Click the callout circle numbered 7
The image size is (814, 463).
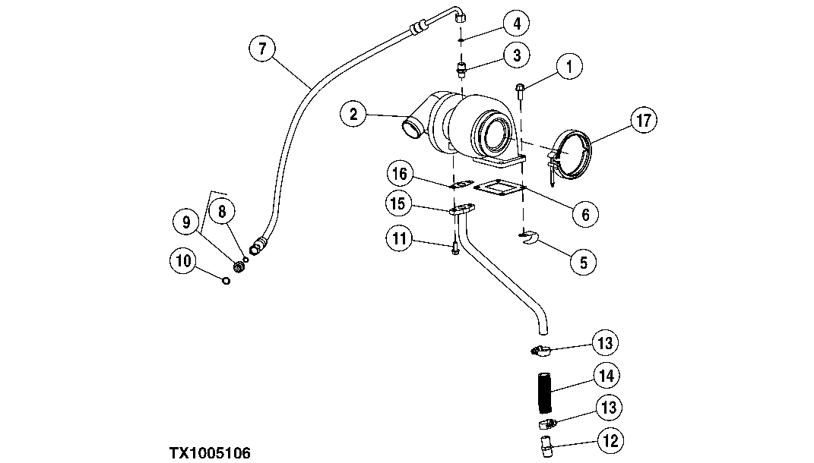[x=262, y=49]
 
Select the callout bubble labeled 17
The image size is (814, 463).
[x=644, y=120]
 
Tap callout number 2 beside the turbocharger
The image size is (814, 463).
[x=353, y=115]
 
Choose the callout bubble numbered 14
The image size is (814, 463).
[x=607, y=375]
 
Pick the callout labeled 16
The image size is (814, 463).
[x=401, y=174]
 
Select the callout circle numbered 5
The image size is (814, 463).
[x=583, y=262]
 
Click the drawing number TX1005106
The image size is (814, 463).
[x=210, y=453]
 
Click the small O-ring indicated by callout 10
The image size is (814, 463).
[x=226, y=282]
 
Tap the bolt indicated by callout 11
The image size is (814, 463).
[x=455, y=248]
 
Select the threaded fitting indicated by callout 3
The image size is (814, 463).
[x=461, y=71]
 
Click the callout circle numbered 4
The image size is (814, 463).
[x=516, y=24]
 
